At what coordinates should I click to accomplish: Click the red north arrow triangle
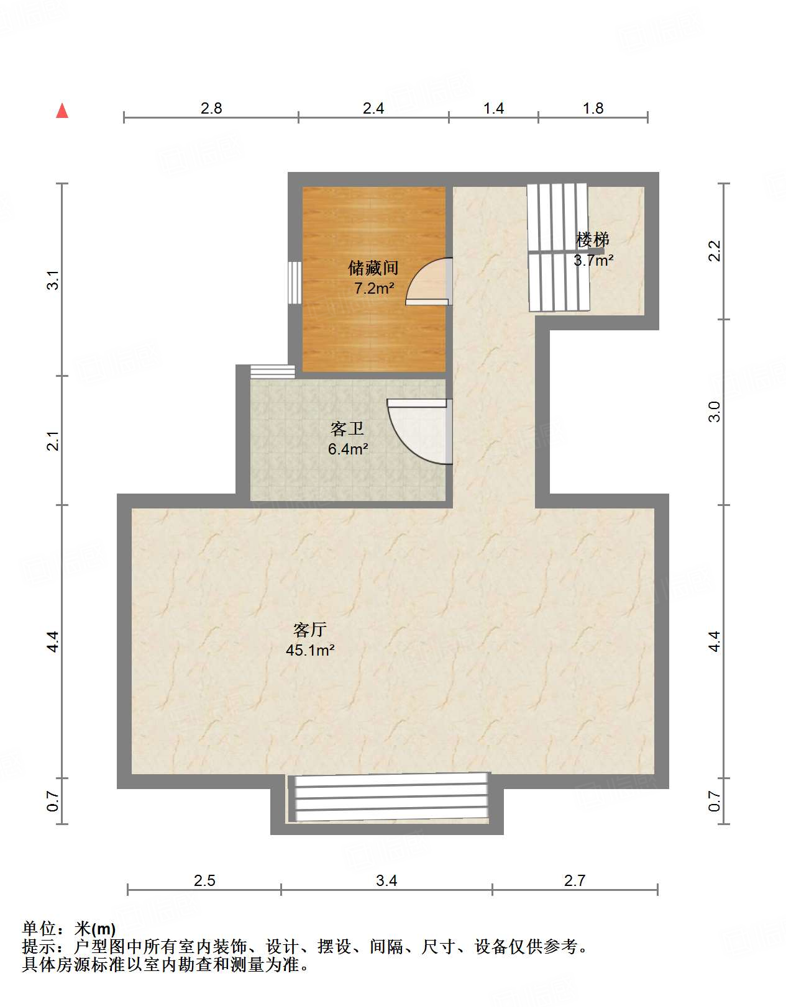(62, 111)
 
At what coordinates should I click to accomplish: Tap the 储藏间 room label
(373, 268)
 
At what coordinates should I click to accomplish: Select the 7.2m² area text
(374, 288)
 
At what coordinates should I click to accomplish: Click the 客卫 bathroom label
(347, 428)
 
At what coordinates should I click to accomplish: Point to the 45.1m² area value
(310, 651)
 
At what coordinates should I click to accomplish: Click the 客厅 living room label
(310, 630)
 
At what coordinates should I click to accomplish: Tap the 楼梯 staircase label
(592, 239)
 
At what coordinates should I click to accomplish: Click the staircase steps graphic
(558, 248)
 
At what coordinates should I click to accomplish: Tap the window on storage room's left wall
(295, 282)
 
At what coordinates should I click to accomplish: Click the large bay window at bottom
(388, 798)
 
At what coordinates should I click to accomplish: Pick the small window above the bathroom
(272, 372)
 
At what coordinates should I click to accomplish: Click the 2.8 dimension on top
(211, 109)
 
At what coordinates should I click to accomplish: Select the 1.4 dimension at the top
(493, 109)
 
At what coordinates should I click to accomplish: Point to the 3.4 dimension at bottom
(386, 880)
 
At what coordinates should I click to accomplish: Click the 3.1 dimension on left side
(53, 279)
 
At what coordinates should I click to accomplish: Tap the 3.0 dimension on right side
(715, 412)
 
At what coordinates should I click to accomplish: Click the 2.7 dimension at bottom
(575, 880)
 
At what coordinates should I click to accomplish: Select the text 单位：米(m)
(69, 929)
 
